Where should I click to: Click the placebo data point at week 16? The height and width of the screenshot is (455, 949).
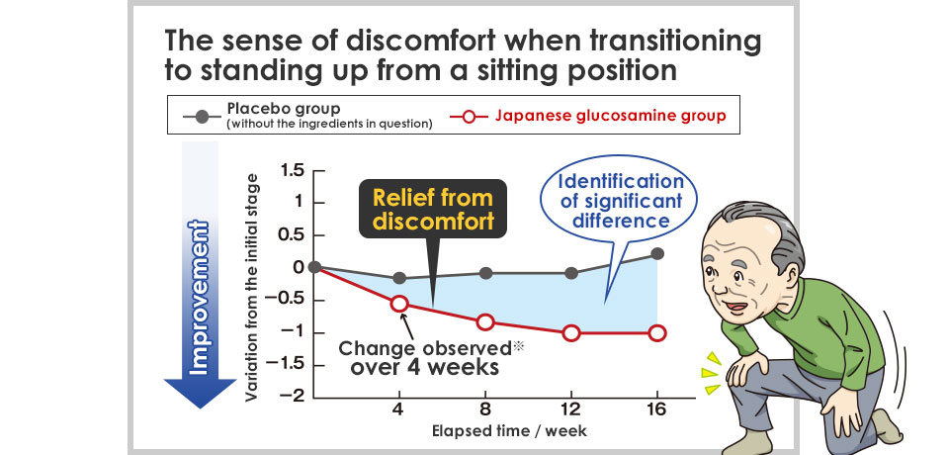[657, 254]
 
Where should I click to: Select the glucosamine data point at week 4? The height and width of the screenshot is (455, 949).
[399, 304]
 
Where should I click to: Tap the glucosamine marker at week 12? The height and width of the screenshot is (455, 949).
[571, 332]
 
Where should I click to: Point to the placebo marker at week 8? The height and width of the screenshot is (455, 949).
[485, 273]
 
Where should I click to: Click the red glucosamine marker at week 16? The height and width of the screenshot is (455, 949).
[657, 332]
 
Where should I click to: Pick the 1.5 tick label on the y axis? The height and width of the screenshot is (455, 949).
[291, 171]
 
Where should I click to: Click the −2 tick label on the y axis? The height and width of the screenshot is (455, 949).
[290, 397]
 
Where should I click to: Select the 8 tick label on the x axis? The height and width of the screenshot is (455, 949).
[485, 409]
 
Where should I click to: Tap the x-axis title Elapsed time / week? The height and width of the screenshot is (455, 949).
[509, 431]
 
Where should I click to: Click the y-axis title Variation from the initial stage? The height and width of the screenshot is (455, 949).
[252, 287]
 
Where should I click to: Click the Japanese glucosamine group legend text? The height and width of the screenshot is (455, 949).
[610, 115]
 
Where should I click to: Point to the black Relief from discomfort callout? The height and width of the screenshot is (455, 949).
[433, 209]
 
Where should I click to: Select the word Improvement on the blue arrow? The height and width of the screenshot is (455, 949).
[199, 298]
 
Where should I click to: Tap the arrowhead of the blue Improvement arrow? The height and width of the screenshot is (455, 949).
[200, 393]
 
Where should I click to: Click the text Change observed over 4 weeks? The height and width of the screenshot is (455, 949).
[425, 357]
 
